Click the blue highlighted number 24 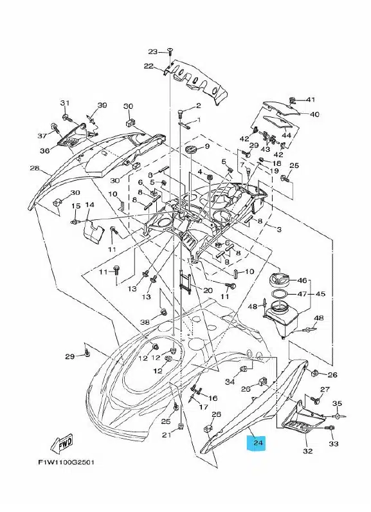coord(258,443)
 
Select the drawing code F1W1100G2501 coord(66,462)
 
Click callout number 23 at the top coord(152,51)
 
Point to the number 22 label coord(149,66)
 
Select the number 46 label coord(302,280)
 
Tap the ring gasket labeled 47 coord(278,293)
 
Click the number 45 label coord(320,293)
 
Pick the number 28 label coord(35,169)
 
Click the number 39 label coord(102,105)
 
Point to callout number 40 coord(314,114)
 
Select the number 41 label coord(311,99)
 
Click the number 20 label coord(208,290)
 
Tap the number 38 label coord(145,322)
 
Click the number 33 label coord(334,443)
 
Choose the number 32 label coord(308,451)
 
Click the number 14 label coord(90,205)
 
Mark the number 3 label coord(279,230)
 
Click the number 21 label coord(167,435)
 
